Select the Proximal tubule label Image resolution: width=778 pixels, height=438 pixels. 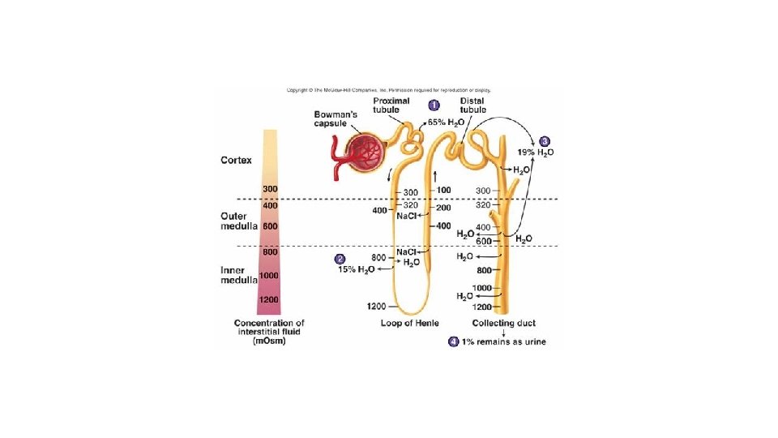click(x=391, y=105)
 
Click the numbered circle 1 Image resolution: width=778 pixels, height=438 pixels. click(x=434, y=105)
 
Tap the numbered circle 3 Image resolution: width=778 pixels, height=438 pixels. click(x=545, y=140)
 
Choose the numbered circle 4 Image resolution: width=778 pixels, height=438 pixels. click(x=454, y=341)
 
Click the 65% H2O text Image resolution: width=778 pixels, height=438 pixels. click(x=447, y=122)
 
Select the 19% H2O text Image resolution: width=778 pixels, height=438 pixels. click(x=536, y=152)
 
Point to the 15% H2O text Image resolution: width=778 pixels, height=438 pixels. click(x=356, y=269)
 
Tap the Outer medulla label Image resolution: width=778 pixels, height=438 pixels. click(x=239, y=221)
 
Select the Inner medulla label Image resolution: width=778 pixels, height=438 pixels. click(x=239, y=275)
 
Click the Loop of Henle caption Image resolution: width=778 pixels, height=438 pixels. click(x=409, y=323)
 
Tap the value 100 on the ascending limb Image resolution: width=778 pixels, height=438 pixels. click(x=443, y=190)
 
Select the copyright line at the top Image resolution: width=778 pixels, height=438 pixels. click(x=388, y=90)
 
